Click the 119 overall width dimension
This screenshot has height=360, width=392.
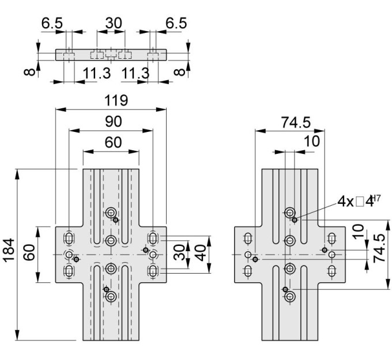pos(116,100)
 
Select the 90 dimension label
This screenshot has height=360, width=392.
pos(113,122)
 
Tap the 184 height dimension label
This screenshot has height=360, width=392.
pos(9,250)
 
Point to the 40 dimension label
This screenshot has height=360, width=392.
pos(202,253)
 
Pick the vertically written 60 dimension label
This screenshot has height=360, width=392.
pos(29,252)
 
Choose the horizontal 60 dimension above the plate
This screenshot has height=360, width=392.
pos(113,142)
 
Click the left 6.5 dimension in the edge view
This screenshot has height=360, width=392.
pos(52,23)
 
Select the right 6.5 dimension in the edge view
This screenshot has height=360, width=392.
pos(176,23)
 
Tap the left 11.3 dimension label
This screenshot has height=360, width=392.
pos(96,74)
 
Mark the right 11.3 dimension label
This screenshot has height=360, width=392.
pos(135,74)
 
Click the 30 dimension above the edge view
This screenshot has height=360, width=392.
pos(114,23)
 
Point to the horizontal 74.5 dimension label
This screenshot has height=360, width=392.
pos(296,123)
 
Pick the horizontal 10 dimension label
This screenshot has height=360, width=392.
pos(311,141)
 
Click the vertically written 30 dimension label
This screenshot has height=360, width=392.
pos(179,252)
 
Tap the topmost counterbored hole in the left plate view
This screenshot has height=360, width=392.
pos(111,213)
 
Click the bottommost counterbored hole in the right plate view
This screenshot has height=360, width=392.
pos(290,297)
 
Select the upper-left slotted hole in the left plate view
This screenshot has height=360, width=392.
pos(69,238)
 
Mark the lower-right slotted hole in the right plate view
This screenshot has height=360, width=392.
pos(331,271)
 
